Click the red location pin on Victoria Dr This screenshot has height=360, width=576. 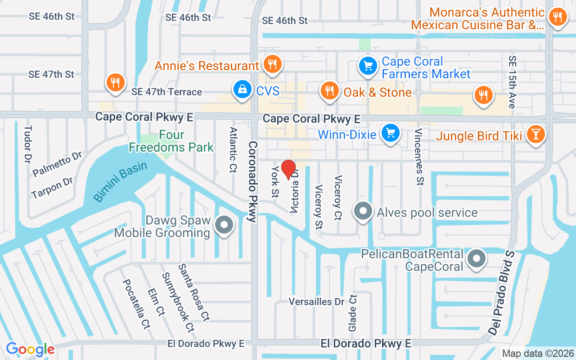coord(288,170)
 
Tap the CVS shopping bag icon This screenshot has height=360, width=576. coord(243,90)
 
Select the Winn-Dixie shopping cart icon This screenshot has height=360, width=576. coord(391,133)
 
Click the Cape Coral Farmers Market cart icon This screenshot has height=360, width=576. coord(368,66)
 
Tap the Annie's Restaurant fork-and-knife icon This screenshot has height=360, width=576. coord(272,64)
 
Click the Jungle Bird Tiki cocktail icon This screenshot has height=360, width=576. coord(535,135)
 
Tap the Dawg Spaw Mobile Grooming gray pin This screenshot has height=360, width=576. coord(224,225)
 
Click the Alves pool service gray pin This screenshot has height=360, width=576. coord(363,211)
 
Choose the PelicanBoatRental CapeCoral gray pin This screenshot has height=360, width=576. coord(476,259)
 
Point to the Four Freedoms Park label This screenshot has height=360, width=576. coord(171,141)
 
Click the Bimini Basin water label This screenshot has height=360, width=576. coord(120,181)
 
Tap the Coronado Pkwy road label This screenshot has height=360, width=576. coord(252,182)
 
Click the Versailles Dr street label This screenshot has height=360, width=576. coord(316,301)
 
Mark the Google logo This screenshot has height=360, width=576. coord(30,349)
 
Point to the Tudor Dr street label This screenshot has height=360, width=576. coord(28,144)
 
